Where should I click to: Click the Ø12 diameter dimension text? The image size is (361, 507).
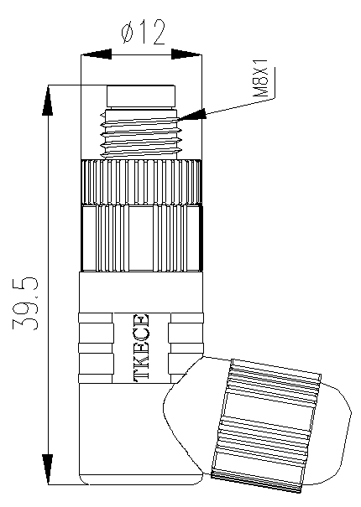tap(143, 32)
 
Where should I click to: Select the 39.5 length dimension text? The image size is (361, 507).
tap(25, 303)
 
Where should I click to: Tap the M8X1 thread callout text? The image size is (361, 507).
tap(260, 78)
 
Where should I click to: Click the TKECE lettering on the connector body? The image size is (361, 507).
tap(141, 348)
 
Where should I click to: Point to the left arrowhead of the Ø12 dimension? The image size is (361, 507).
tap(96, 54)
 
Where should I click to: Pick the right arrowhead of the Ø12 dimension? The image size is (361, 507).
tap(186, 54)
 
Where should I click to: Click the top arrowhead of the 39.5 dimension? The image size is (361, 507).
tap(48, 100)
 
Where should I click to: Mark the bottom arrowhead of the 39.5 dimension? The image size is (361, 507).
tap(48, 469)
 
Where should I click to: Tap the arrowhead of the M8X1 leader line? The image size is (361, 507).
tap(192, 115)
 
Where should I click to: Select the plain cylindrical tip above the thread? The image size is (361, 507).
tap(141, 96)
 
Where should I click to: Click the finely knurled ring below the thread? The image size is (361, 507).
tap(141, 182)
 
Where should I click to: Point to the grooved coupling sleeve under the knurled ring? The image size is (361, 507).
tap(142, 238)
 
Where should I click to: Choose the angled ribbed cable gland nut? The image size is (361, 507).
tap(266, 426)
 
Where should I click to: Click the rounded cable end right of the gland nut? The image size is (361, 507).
tap(334, 432)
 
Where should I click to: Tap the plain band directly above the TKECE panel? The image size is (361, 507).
tap(141, 292)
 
